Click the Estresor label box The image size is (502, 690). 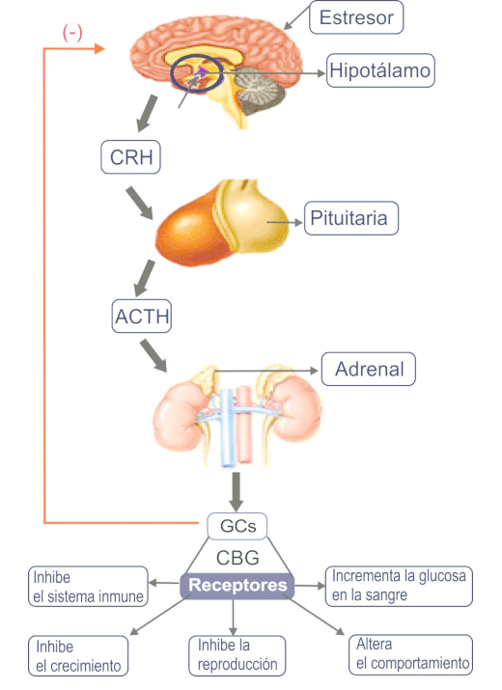click(356, 17)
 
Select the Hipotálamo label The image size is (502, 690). click(379, 70)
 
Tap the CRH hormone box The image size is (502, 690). click(130, 157)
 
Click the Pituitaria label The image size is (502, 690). click(349, 218)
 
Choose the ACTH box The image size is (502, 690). click(142, 316)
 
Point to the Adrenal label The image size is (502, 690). click(368, 369)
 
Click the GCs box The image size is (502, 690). click(237, 527)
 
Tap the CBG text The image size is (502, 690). click(237, 557)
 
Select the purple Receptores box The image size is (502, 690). click(237, 585)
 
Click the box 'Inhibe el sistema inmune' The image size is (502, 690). click(88, 586)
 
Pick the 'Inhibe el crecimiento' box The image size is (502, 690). click(78, 655)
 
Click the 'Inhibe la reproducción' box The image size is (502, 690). click(237, 654)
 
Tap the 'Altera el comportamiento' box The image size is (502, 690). click(411, 654)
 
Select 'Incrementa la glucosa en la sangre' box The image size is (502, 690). click(399, 586)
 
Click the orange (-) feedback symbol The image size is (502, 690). click(72, 33)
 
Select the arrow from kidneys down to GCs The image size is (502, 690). click(235, 489)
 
